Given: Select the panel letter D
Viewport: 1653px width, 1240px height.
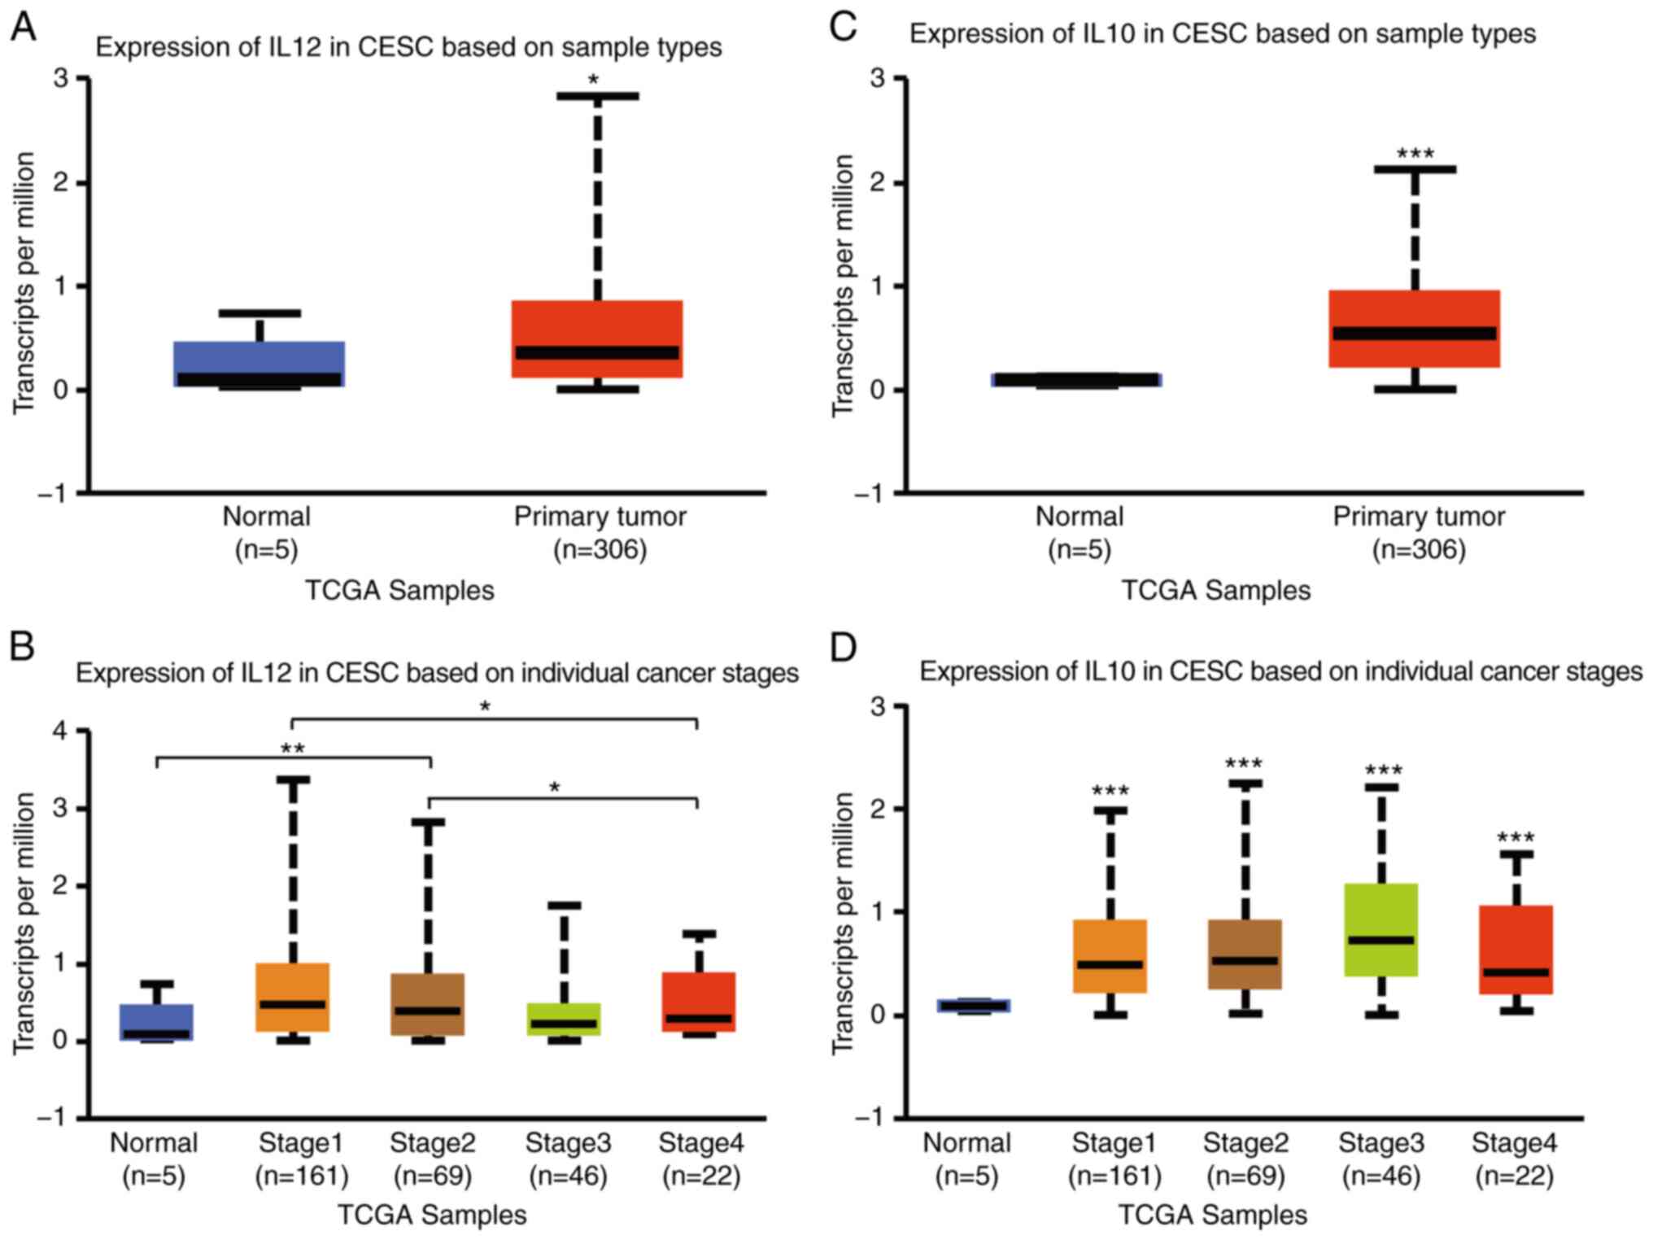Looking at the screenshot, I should click(x=844, y=648).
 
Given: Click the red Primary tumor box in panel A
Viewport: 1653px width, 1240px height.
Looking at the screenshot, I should click(x=597, y=325).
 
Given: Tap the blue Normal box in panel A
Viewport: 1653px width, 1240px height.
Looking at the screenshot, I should click(x=260, y=358).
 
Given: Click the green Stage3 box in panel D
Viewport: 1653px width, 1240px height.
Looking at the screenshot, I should click(x=1381, y=911).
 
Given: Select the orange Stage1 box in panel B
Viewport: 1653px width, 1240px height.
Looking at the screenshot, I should click(x=293, y=985).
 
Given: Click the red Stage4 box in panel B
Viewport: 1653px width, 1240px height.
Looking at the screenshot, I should click(x=699, y=993).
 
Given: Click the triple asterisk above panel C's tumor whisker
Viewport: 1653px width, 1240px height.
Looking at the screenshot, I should click(x=1415, y=153).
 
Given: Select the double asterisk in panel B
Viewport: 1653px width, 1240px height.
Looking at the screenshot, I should click(x=293, y=749).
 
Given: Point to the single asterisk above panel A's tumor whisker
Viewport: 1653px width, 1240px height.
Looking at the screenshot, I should click(x=594, y=80).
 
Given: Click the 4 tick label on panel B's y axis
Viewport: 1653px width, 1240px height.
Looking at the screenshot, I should click(x=60, y=731).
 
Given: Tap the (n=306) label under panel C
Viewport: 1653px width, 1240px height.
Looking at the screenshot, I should click(x=1419, y=550).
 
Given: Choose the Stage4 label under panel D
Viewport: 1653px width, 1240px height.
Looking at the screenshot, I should click(x=1514, y=1143).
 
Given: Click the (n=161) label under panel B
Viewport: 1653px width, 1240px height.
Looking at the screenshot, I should click(x=302, y=1177).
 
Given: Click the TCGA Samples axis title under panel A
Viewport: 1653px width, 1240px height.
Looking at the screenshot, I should click(x=399, y=590).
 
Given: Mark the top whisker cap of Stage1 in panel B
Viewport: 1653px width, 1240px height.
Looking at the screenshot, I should click(x=293, y=779).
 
